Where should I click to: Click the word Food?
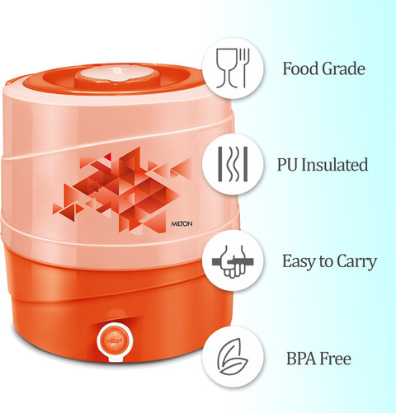[300, 68]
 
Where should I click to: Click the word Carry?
[356, 261]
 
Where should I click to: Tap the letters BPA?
[300, 359]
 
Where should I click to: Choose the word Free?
[335, 359]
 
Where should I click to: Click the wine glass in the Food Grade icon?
[227, 68]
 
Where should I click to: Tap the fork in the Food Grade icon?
[244, 68]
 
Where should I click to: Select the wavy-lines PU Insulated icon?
[233, 164]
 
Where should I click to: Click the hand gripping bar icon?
[233, 261]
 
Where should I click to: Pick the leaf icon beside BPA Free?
[233, 356]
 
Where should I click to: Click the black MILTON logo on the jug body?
[181, 224]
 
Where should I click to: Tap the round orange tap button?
[115, 340]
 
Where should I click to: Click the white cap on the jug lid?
[118, 73]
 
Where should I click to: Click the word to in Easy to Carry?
[326, 262]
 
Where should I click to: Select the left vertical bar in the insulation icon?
[220, 164]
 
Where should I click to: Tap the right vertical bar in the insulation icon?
[246, 164]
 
